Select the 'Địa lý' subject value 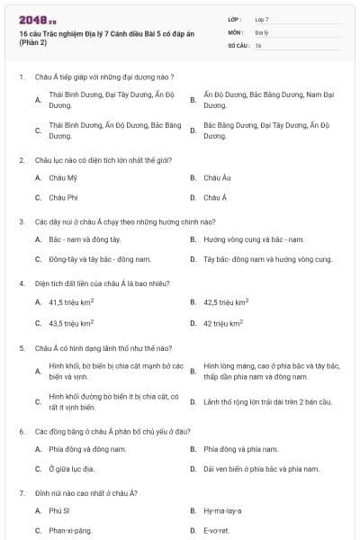260,31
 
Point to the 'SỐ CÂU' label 238,44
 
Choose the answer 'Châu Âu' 217,178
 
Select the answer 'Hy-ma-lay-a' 222,510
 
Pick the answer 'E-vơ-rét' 217,530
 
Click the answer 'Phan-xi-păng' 70,530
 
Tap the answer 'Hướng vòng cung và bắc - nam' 254,240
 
